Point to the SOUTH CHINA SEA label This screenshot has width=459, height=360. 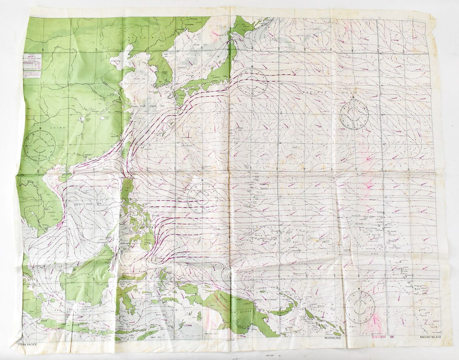(88, 203)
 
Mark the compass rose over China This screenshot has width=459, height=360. (39, 145)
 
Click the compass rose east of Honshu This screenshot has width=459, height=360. (252, 82)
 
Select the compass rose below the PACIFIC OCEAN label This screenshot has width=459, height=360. (354, 114)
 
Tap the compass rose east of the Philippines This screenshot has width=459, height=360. (202, 198)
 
